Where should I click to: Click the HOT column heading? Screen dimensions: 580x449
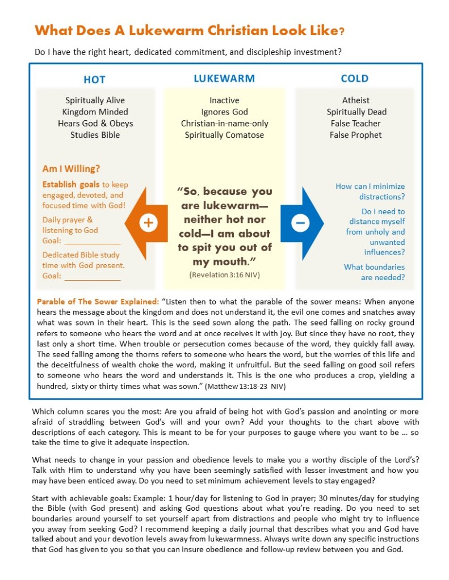(x=94, y=79)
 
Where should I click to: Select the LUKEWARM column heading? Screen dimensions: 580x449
(x=224, y=78)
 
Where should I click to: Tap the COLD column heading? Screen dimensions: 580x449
(x=355, y=78)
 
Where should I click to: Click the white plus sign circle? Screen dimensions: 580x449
(x=148, y=223)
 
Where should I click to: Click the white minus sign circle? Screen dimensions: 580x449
(x=300, y=223)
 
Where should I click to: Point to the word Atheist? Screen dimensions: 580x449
(x=355, y=100)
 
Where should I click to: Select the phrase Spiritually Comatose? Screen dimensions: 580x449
(x=224, y=135)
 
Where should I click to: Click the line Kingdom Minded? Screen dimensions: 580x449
(x=95, y=112)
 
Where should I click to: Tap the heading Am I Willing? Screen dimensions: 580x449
(x=71, y=168)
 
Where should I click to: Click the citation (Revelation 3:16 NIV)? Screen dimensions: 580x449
(x=224, y=274)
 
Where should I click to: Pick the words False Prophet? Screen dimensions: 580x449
(x=355, y=135)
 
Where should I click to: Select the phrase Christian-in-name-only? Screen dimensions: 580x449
(x=224, y=123)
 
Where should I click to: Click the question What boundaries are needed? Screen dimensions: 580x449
(x=375, y=272)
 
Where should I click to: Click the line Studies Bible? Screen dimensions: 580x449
(x=95, y=135)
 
